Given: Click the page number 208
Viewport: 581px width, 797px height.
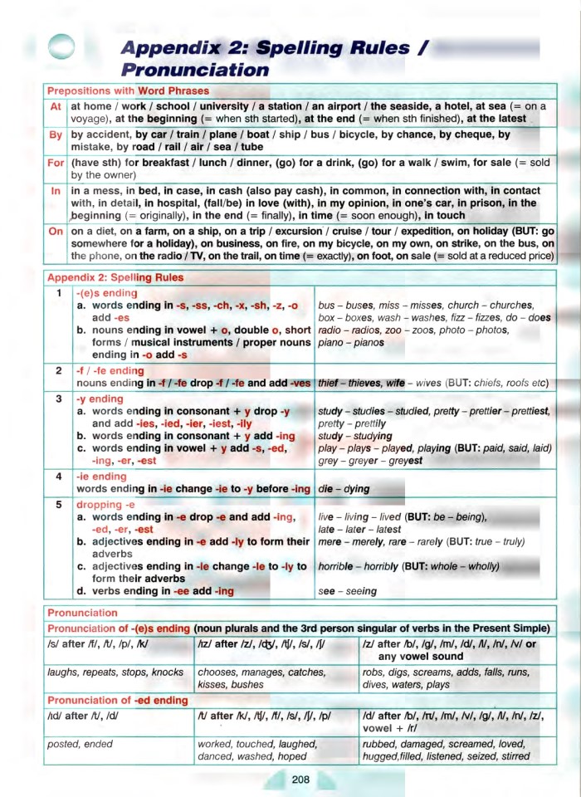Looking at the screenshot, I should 300,778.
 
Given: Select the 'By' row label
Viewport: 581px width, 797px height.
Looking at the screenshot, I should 56,135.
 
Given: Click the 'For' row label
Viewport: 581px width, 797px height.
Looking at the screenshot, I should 56,164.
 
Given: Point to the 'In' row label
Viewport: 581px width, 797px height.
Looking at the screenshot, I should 56,191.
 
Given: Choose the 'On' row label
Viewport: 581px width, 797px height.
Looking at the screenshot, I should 56,231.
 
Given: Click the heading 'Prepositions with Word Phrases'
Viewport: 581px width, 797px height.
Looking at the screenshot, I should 128,90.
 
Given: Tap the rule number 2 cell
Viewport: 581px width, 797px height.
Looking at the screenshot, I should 58,370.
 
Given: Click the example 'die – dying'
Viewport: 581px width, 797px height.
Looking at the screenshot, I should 344,489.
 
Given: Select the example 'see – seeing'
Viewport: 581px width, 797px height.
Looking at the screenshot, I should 348,591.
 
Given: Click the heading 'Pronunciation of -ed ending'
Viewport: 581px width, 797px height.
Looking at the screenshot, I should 118,701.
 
